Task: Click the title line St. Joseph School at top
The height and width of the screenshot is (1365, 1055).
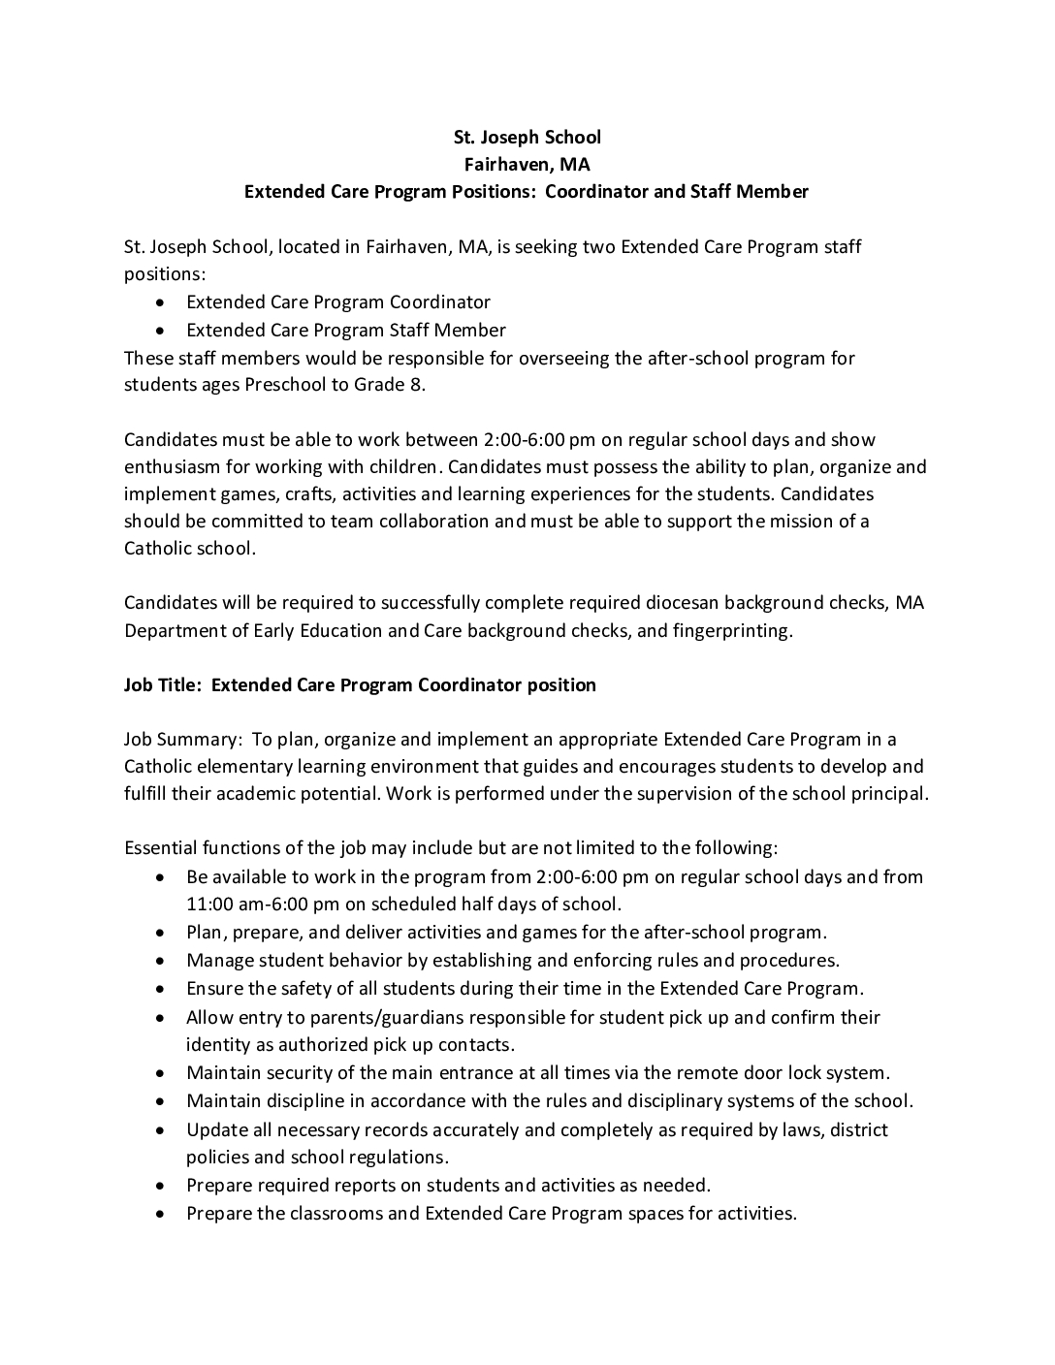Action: [527, 137]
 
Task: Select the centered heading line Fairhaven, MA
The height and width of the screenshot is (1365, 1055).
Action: [527, 164]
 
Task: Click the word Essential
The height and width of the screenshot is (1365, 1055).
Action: [161, 847]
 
